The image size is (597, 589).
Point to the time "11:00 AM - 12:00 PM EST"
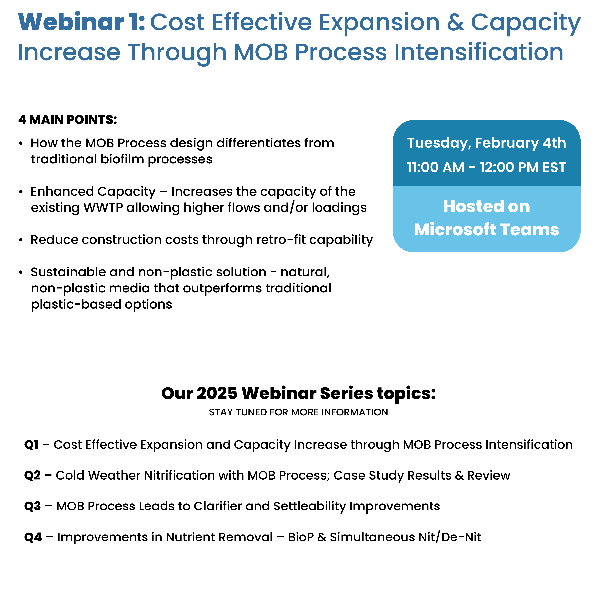[486, 167]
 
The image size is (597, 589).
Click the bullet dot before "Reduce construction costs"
[21, 240]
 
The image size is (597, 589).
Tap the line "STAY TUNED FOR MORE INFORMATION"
[298, 412]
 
